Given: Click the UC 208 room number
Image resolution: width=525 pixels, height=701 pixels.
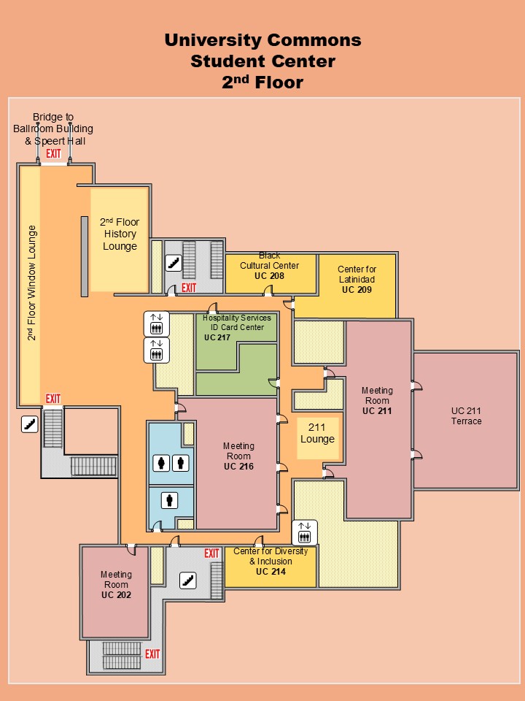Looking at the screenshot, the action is [x=269, y=276].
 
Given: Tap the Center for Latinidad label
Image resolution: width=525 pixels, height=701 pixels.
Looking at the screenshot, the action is [x=357, y=274].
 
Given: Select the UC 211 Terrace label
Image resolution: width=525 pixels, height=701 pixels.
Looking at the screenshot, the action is [x=466, y=415].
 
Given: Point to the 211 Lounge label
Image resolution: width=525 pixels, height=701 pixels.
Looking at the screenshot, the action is [x=317, y=433].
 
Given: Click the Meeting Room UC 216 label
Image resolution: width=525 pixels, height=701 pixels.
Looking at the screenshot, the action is [x=239, y=456].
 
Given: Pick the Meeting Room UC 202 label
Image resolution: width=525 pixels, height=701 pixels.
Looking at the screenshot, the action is [x=116, y=584].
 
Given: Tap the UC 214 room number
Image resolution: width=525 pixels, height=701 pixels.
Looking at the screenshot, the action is [x=271, y=571].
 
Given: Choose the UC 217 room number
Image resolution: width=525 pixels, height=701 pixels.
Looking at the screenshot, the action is [x=217, y=337].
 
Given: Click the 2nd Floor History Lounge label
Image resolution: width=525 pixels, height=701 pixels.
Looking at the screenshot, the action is [x=120, y=234].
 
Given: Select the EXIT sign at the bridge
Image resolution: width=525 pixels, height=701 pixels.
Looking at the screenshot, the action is [x=53, y=154].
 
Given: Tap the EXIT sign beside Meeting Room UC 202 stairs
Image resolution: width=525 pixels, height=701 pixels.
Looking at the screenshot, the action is [x=152, y=654].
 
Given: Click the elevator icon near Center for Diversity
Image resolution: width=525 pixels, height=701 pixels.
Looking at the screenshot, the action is [x=305, y=532].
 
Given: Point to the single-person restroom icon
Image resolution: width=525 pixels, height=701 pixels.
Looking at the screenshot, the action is [x=169, y=499].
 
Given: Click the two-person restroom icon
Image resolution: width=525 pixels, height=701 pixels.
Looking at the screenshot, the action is [x=171, y=463].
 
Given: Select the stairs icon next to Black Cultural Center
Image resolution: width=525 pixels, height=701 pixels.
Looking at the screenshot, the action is [x=174, y=263].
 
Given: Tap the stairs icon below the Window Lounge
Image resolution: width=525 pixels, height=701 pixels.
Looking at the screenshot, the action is [x=30, y=424].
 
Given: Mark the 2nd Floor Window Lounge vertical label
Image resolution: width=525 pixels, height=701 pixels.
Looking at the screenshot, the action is [x=31, y=283].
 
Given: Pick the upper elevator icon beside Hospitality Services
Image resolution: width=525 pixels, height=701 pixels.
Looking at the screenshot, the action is [x=156, y=323].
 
